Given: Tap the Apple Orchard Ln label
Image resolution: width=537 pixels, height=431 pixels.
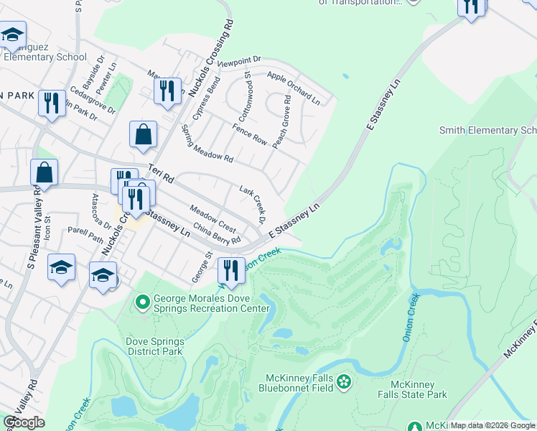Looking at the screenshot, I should (293, 85).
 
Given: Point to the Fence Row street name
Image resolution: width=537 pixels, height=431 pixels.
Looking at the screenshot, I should (249, 135).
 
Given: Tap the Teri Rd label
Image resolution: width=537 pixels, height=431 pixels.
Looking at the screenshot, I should (162, 173).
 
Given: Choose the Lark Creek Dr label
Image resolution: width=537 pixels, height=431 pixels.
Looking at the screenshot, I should (253, 202).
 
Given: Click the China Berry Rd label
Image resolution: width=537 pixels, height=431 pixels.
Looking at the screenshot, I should (215, 234).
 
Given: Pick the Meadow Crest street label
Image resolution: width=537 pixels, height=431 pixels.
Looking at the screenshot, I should (213, 218).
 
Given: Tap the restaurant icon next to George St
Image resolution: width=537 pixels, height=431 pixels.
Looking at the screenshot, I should (230, 271).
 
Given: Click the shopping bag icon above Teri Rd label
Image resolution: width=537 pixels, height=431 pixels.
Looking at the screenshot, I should (144, 134).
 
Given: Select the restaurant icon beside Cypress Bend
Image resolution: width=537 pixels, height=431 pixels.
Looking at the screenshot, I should (167, 91).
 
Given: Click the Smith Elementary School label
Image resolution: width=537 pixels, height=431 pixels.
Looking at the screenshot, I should (487, 130).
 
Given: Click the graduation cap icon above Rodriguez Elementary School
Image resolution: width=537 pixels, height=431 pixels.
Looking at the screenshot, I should (12, 35).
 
